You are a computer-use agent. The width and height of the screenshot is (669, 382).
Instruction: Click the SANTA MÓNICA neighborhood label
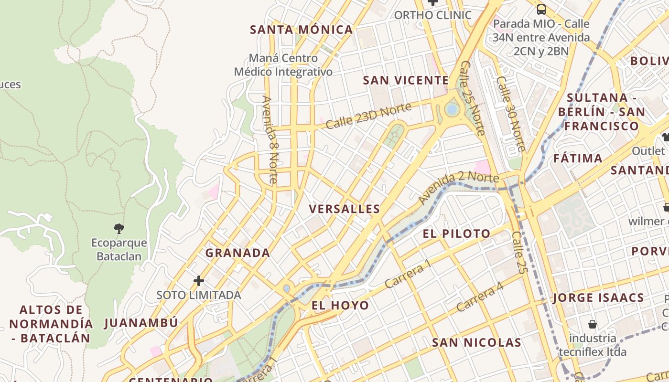302,30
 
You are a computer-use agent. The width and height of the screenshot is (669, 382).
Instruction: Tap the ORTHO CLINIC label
432,15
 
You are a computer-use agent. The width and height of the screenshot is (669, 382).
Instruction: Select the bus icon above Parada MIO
541,9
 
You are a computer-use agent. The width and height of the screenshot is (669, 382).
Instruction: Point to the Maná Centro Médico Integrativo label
283,65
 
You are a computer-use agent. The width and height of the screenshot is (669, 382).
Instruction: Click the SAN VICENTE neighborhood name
406,80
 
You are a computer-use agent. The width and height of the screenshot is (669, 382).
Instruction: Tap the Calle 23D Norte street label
368,116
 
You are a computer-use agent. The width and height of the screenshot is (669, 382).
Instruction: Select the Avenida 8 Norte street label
270,139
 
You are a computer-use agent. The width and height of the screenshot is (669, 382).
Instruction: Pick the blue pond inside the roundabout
452,110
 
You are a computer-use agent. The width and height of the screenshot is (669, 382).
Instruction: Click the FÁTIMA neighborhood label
578,158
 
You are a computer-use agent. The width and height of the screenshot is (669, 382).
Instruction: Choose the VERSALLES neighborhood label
345,209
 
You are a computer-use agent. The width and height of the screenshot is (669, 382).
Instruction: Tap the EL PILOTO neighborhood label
456,233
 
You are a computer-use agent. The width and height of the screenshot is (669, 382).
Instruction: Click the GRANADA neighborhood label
237,253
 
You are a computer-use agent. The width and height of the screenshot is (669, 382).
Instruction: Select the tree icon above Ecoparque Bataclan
119,228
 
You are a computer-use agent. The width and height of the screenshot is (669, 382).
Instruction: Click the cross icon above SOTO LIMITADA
199,280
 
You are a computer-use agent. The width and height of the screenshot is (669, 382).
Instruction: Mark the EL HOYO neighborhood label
340,306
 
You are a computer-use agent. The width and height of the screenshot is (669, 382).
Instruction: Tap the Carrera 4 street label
479,297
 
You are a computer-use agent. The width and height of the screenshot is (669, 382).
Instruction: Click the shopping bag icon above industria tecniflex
593,324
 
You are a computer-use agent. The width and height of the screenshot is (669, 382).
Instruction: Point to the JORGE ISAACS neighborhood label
598,298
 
